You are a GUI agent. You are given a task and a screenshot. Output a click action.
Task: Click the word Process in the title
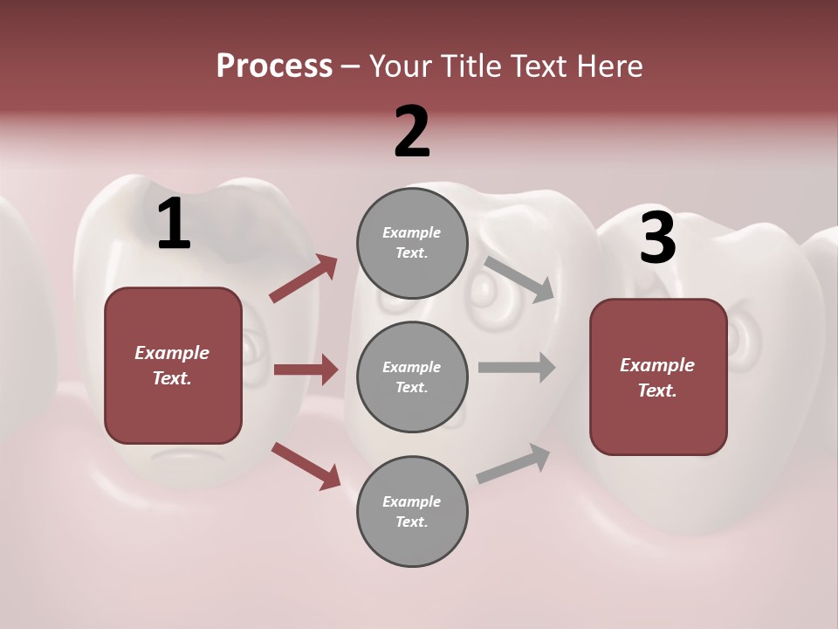pyautogui.click(x=274, y=66)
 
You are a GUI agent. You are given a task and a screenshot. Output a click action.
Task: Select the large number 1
pyautogui.click(x=174, y=225)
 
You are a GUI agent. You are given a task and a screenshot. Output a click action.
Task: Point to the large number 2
pyautogui.click(x=412, y=132)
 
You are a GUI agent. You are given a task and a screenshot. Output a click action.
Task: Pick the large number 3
pyautogui.click(x=657, y=238)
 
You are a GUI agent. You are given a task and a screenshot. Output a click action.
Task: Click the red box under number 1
pyautogui.click(x=173, y=365)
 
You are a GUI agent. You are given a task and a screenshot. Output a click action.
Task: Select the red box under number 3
pyautogui.click(x=658, y=377)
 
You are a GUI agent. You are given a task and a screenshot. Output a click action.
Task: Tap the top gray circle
pyautogui.click(x=412, y=243)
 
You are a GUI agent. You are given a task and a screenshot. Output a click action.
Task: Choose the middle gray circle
pyautogui.click(x=412, y=377)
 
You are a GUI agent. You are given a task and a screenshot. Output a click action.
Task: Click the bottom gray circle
pyautogui.click(x=412, y=511)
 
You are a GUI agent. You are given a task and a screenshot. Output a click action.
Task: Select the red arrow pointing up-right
pyautogui.click(x=304, y=278)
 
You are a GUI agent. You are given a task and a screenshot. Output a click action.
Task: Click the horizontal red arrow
pyautogui.click(x=306, y=370)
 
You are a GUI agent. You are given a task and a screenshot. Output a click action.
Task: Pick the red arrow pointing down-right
pyautogui.click(x=306, y=465)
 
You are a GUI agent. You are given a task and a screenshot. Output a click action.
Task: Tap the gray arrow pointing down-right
pyautogui.click(x=519, y=279)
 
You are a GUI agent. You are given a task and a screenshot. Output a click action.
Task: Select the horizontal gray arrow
pyautogui.click(x=517, y=367)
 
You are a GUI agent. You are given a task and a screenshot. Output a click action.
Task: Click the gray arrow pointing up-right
pyautogui.click(x=513, y=464)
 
